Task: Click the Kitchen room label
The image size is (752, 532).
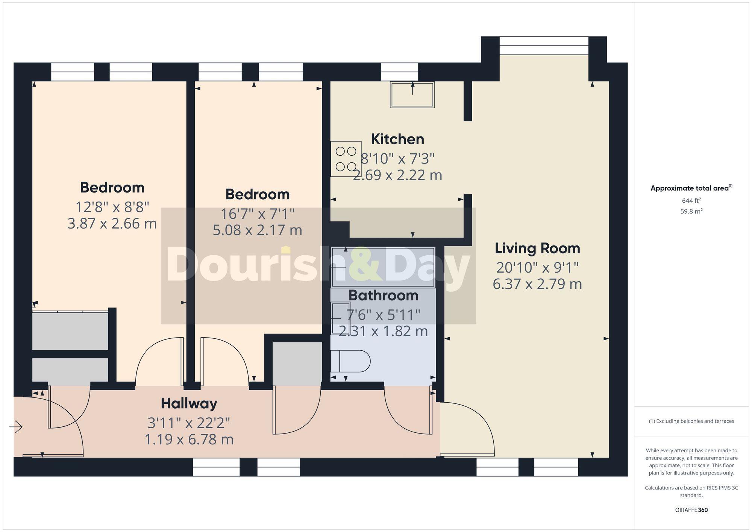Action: click(397, 139)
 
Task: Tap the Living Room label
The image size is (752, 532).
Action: click(537, 248)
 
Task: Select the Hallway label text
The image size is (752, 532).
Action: click(189, 403)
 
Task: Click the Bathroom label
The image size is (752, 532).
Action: click(383, 296)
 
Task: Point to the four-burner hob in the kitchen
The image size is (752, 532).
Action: click(346, 159)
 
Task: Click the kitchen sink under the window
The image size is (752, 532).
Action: click(412, 95)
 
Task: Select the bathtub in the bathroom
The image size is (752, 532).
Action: click(383, 267)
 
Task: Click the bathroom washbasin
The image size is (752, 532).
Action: click(340, 318)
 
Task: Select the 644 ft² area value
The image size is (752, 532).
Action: click(691, 201)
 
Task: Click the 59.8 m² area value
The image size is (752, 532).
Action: click(691, 211)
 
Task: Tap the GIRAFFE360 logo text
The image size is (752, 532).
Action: click(691, 510)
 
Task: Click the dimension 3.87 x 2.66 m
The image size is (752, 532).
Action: click(112, 224)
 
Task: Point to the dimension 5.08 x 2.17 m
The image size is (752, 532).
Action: click(257, 230)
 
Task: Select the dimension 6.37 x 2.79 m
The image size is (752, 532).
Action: click(537, 284)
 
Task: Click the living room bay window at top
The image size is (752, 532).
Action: click(544, 45)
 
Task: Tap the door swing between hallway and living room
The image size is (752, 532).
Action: click(470, 429)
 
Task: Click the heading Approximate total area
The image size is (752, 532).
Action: click(691, 188)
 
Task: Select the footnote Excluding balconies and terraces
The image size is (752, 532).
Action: click(691, 421)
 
